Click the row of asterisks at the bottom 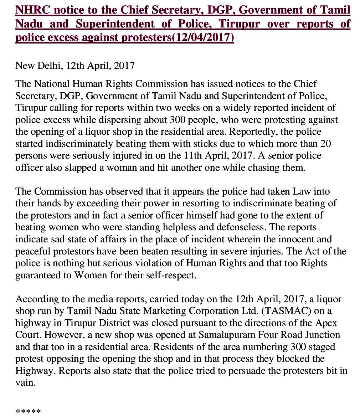28,412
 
